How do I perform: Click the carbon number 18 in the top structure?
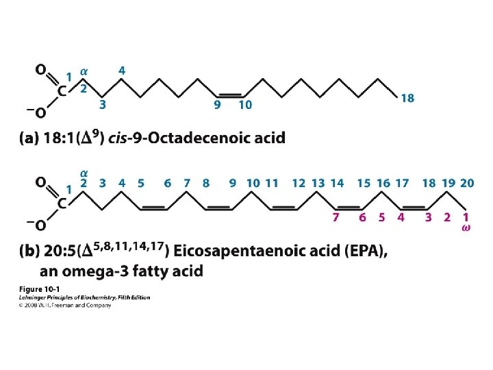coord(407,99)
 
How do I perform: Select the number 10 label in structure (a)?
coord(245,106)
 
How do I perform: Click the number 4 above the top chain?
coord(121,71)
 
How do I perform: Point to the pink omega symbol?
coord(466,227)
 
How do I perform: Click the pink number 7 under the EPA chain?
coord(336,217)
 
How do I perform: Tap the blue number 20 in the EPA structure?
coord(467,183)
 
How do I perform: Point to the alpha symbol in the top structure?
coord(84,70)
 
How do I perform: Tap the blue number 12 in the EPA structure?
coord(299,183)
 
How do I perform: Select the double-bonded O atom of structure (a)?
coord(40,70)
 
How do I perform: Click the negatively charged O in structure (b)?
coord(40,225)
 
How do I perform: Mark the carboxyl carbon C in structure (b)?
coord(61,203)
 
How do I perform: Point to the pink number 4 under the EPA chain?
coord(401,217)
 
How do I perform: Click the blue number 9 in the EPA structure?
coord(233,183)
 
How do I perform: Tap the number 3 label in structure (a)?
coord(102,106)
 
